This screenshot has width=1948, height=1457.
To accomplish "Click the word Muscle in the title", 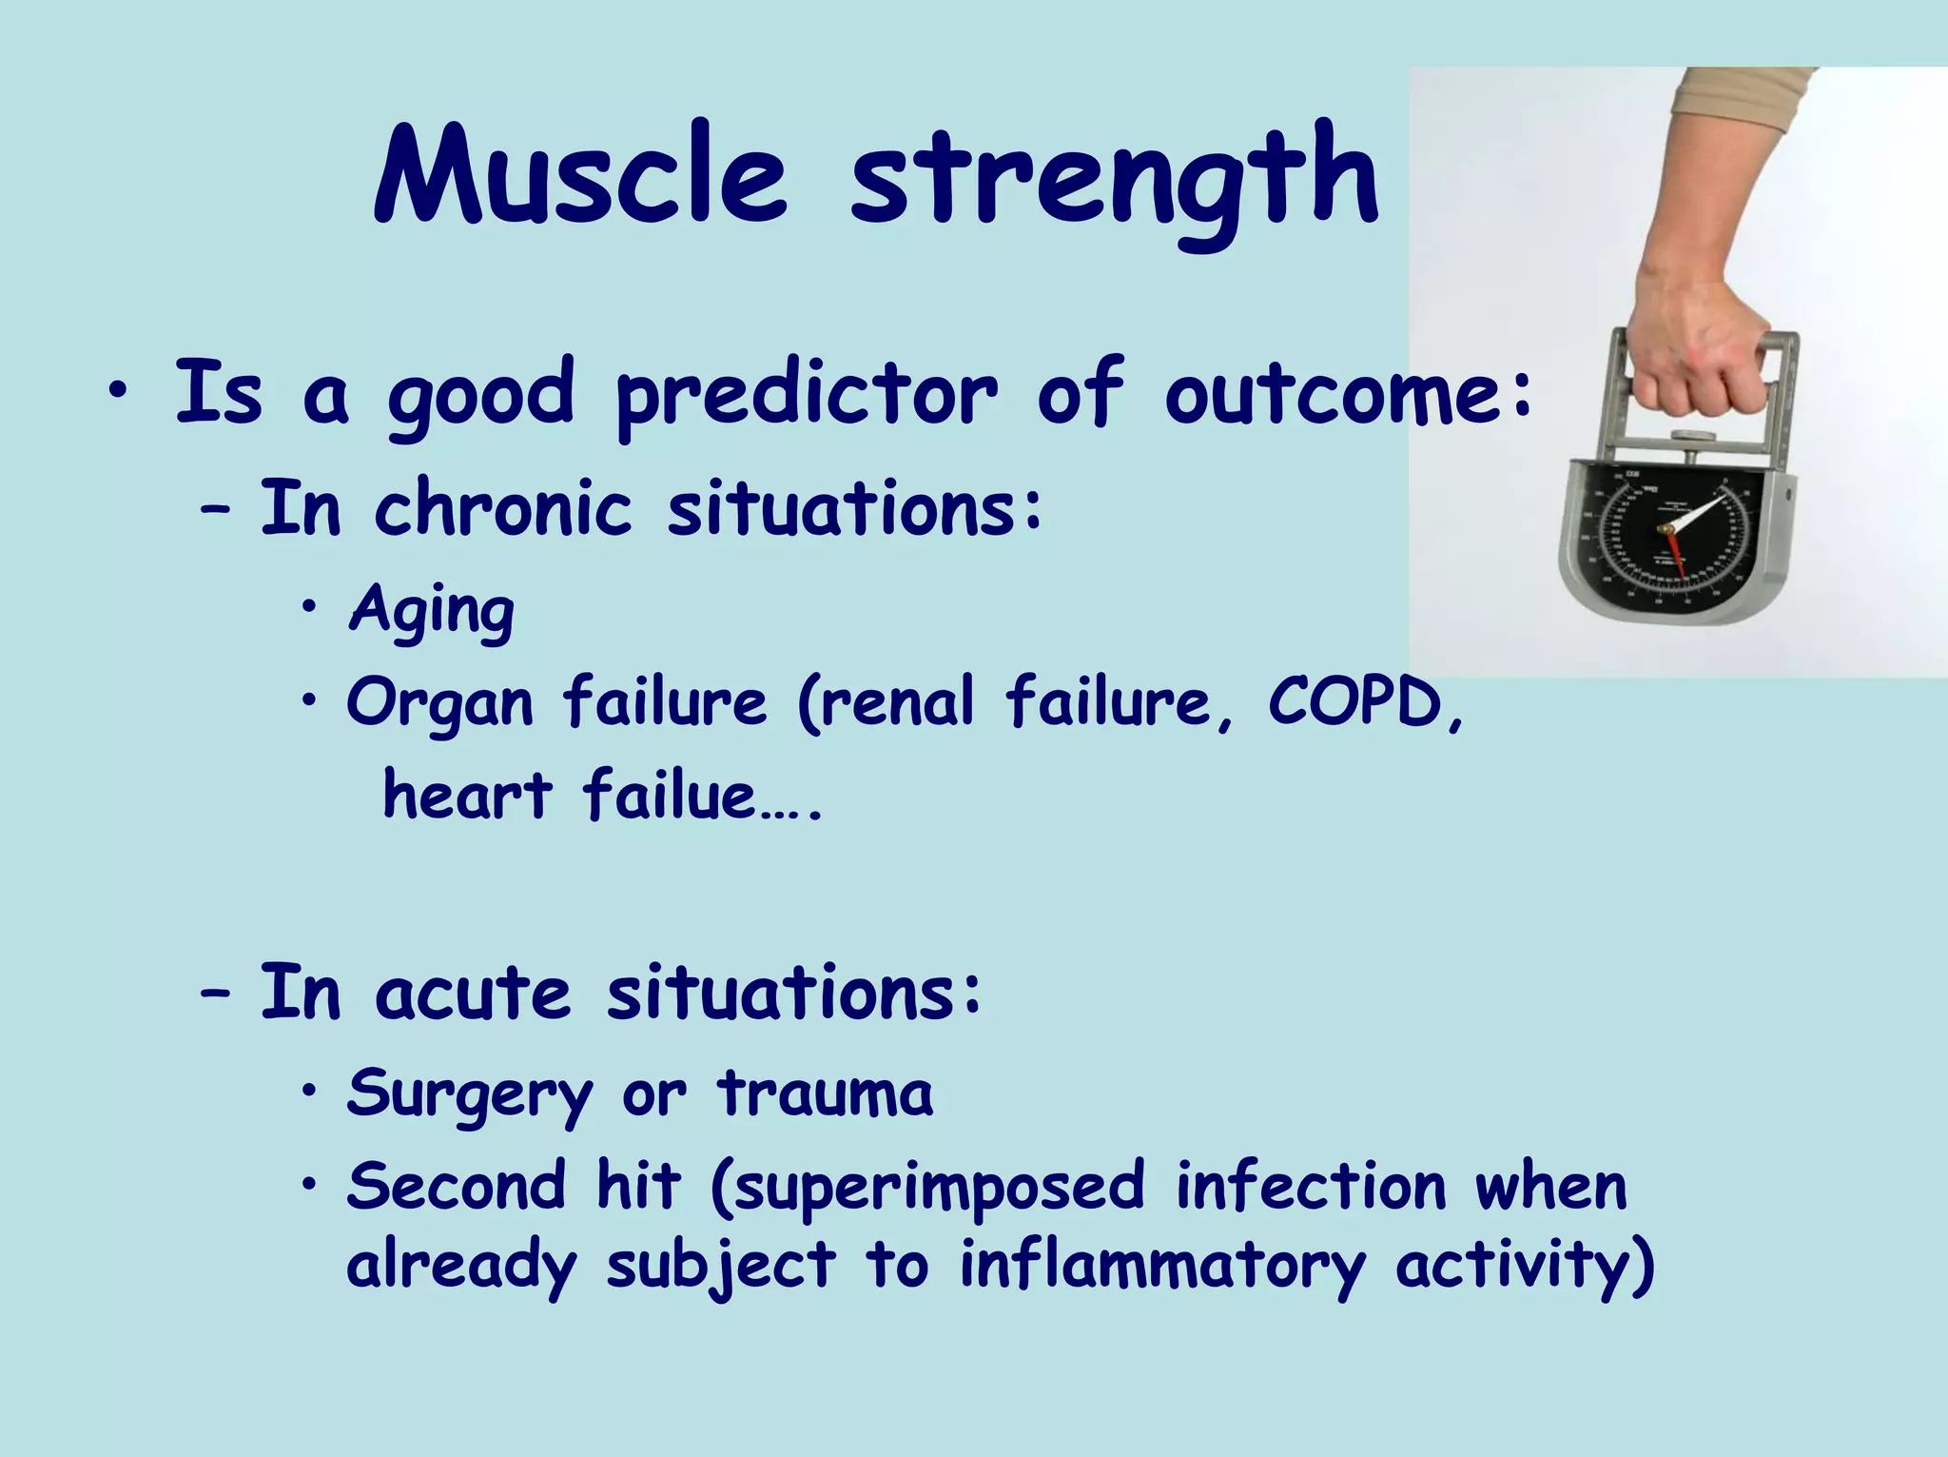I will tap(580, 176).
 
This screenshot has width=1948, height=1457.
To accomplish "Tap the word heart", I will tap(466, 795).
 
